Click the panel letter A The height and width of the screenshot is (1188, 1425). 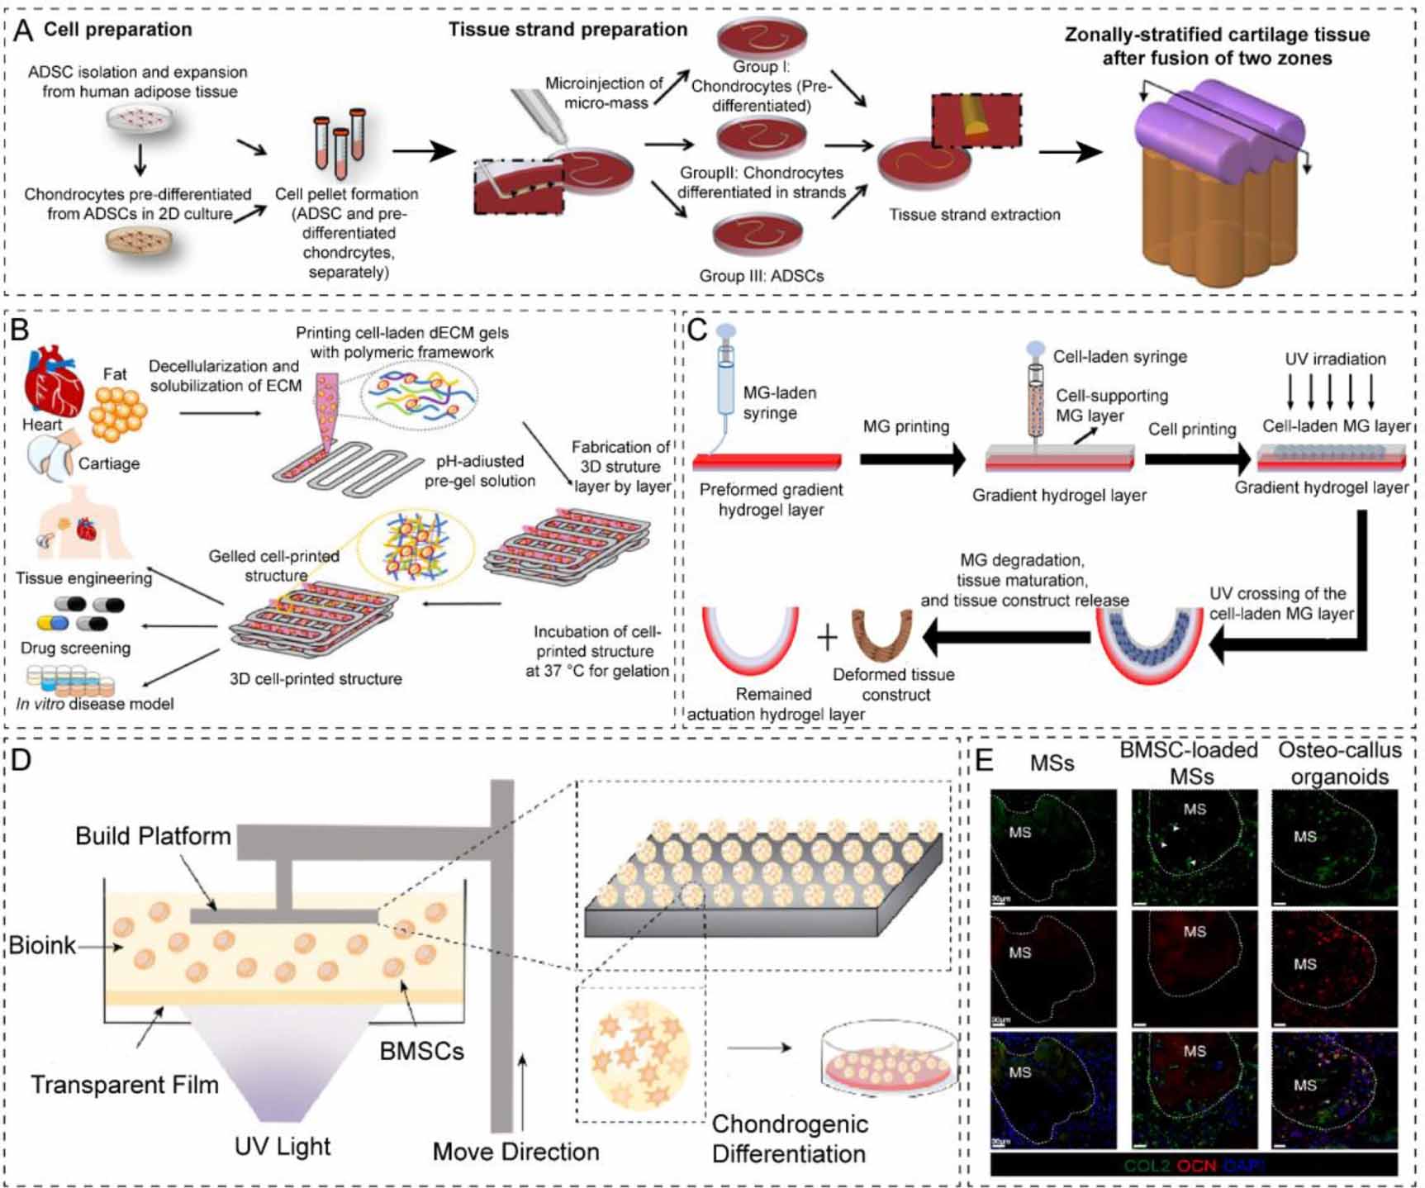[23, 31]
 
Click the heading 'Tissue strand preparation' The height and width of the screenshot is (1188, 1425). [568, 30]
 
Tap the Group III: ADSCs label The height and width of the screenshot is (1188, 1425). [761, 276]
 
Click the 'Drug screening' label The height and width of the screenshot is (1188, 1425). [75, 648]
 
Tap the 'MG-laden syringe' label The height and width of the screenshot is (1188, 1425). [779, 402]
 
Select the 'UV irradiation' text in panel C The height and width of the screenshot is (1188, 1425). [1335, 359]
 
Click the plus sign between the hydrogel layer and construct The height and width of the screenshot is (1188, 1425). [827, 637]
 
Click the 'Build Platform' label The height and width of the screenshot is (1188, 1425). [153, 835]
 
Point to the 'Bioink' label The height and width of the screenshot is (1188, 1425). [41, 944]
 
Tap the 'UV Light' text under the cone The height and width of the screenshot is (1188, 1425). [283, 1146]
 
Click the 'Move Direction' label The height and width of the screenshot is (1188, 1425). [515, 1151]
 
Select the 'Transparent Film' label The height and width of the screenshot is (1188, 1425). [125, 1084]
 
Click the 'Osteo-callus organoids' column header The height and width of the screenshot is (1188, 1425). [1339, 763]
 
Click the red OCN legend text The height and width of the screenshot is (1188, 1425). [1196, 1165]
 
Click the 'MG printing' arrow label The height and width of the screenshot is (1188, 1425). [905, 426]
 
